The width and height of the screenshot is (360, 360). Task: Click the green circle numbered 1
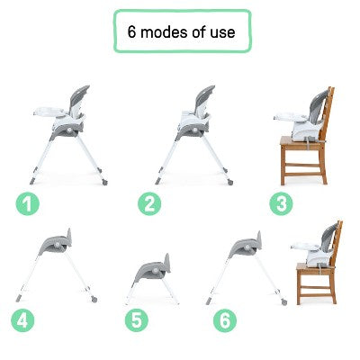[30, 203]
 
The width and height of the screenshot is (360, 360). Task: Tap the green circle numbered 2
[149, 203]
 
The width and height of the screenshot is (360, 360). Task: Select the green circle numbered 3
[283, 203]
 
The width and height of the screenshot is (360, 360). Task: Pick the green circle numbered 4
[22, 318]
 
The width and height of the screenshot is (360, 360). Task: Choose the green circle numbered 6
[224, 318]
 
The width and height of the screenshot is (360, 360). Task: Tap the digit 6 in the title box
[132, 32]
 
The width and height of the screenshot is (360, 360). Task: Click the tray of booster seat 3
[286, 117]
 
